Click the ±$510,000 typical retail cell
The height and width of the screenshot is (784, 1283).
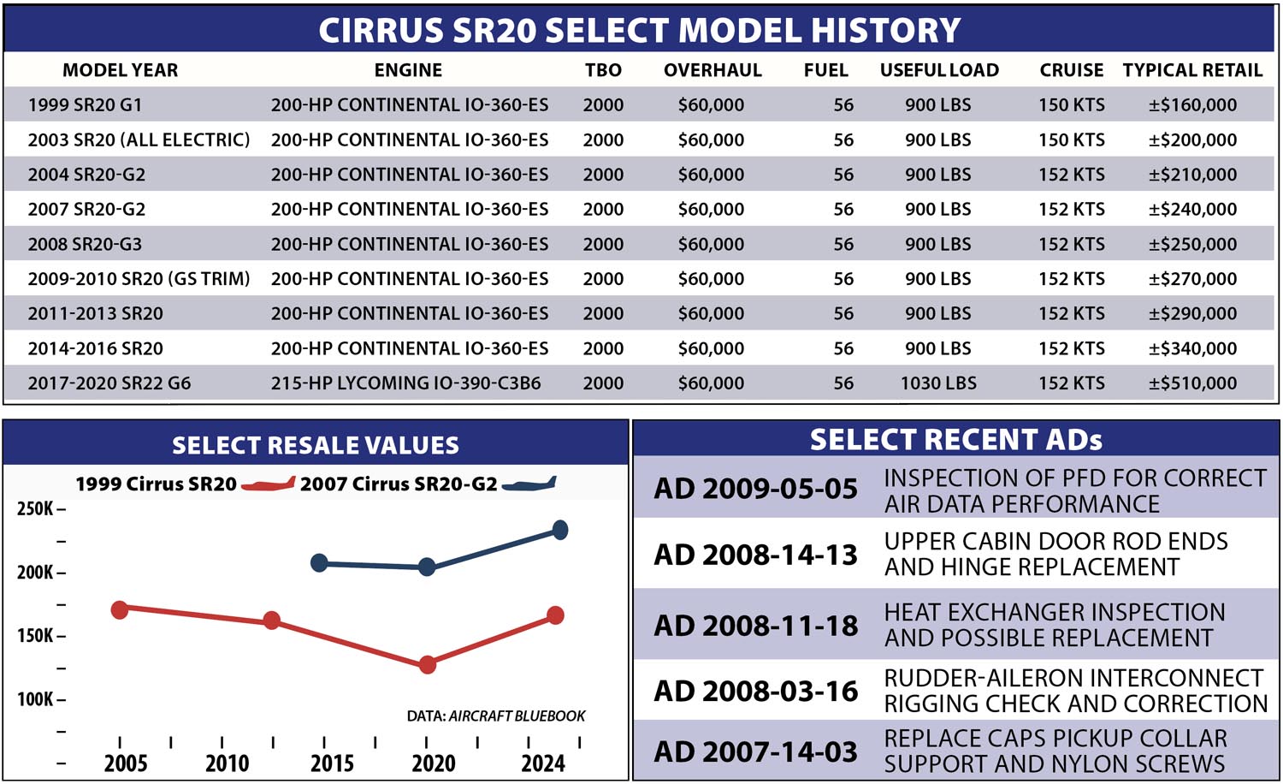point(1192,383)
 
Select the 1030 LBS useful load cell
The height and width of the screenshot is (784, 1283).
point(938,383)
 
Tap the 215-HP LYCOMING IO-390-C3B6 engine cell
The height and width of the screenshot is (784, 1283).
point(405,383)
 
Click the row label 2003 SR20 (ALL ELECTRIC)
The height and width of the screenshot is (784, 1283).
point(139,140)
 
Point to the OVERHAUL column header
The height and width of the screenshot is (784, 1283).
point(712,70)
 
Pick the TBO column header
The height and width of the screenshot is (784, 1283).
point(603,70)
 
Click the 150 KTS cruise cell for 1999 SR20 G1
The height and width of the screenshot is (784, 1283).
point(1072,105)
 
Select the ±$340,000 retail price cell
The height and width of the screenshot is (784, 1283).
point(1192,348)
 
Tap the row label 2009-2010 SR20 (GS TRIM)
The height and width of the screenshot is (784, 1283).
point(139,279)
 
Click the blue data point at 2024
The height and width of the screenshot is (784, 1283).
point(559,530)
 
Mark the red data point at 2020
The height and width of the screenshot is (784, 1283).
point(428,665)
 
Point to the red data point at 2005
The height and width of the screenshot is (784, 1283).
point(120,610)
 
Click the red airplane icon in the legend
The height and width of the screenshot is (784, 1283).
point(268,484)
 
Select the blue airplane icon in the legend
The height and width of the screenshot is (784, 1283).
point(529,484)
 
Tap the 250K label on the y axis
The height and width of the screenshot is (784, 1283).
point(36,508)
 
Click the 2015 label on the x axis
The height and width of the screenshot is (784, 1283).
point(332,763)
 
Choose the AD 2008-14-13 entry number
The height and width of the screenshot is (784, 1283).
point(755,555)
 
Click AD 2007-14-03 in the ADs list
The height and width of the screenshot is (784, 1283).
point(755,752)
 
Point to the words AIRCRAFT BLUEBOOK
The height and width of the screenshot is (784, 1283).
point(517,716)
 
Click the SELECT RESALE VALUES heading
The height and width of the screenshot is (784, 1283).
point(316,445)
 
